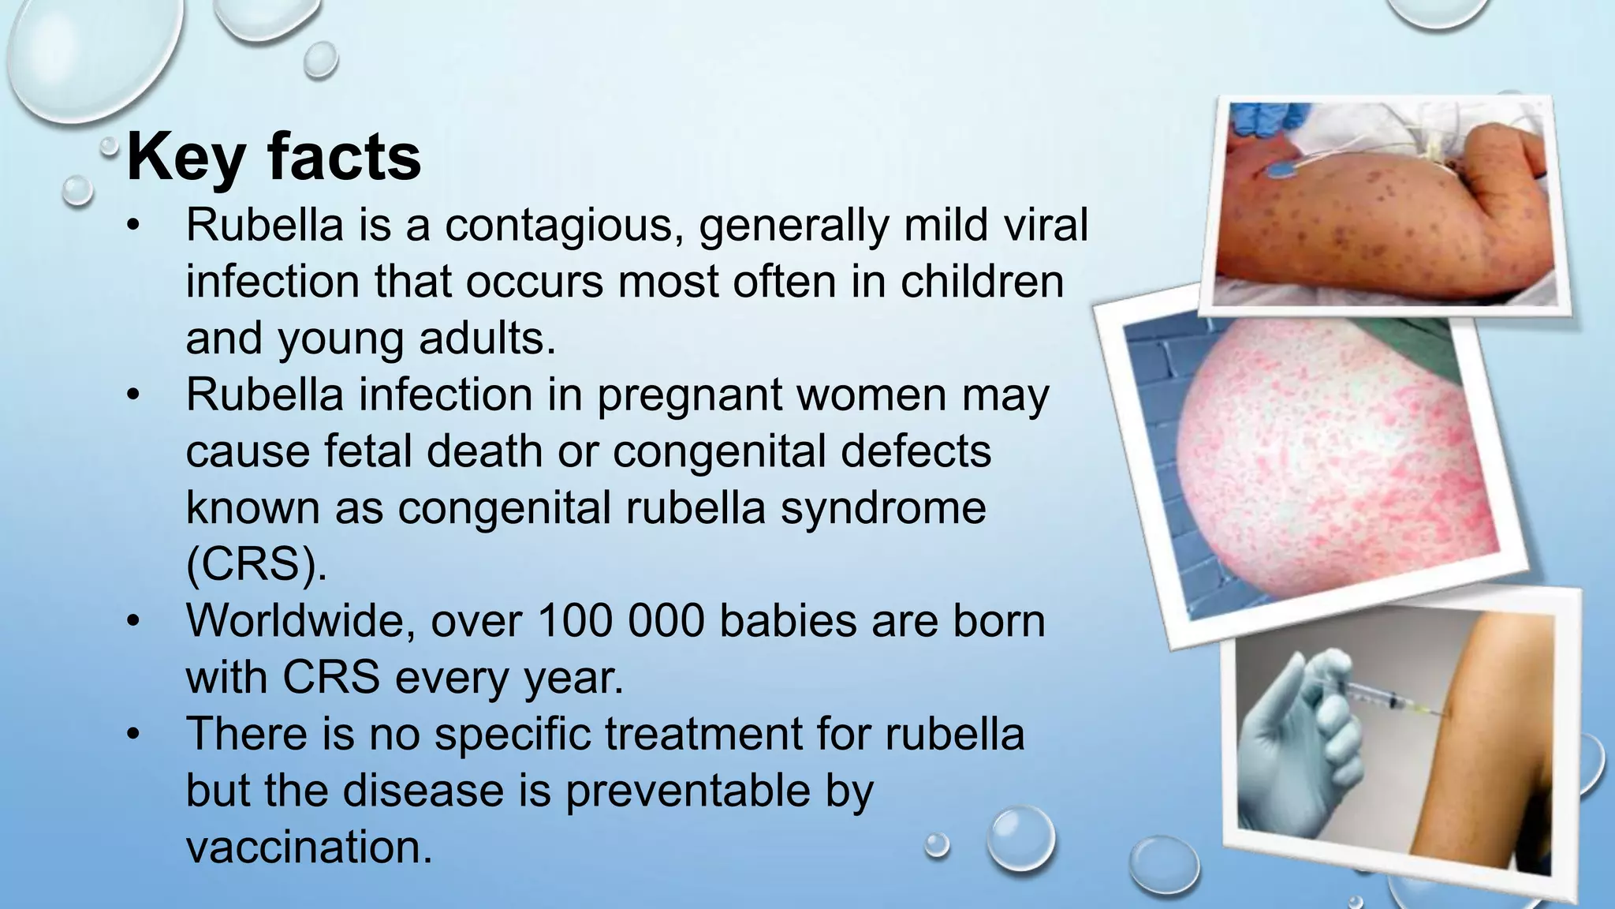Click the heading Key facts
coord(274,158)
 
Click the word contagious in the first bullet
coord(565,226)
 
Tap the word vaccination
coord(309,847)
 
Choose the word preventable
coord(688,791)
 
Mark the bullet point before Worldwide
coord(134,623)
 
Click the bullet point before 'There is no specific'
coord(134,735)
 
